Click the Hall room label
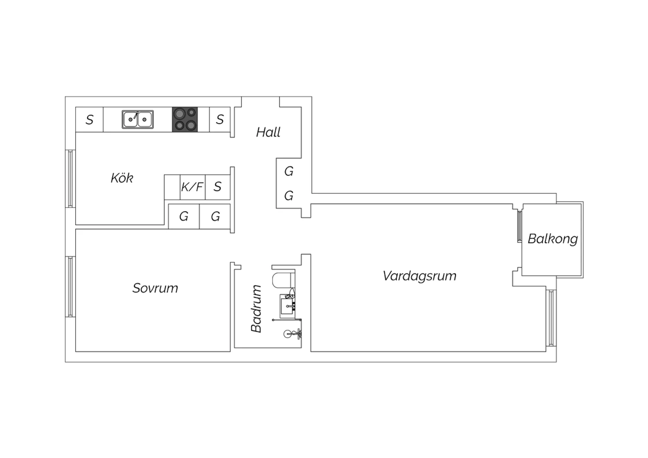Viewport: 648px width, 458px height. (x=268, y=132)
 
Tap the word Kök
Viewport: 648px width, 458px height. (x=122, y=178)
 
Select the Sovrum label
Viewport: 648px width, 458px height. (x=156, y=288)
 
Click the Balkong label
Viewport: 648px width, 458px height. (x=553, y=239)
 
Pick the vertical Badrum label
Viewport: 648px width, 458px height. (x=257, y=309)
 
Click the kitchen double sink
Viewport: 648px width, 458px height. (x=138, y=119)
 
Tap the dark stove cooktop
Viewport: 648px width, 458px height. (x=185, y=120)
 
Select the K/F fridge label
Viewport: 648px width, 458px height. (x=192, y=187)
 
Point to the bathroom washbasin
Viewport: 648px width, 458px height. (x=288, y=306)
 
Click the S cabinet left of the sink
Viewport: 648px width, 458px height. (x=89, y=120)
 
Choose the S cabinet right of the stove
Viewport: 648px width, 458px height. (x=220, y=120)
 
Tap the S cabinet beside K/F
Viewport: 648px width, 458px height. (x=218, y=187)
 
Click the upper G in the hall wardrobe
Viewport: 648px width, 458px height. (x=289, y=171)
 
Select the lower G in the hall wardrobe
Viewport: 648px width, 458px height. (x=289, y=196)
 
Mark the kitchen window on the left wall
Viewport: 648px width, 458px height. (x=70, y=178)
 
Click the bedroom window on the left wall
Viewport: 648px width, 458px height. (x=70, y=287)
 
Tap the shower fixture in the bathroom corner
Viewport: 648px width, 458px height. (x=292, y=334)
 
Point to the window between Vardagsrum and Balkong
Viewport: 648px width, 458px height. (x=520, y=227)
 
